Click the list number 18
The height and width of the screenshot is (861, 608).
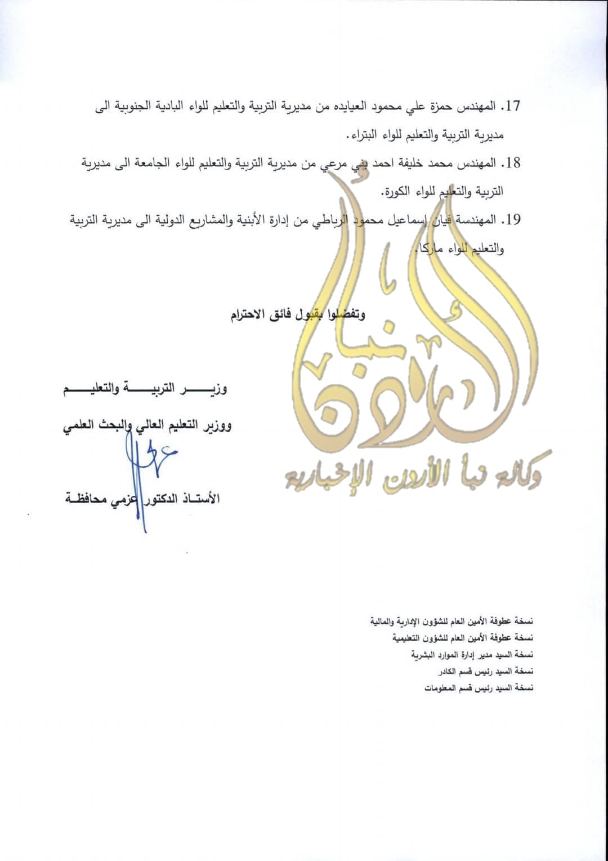(x=512, y=163)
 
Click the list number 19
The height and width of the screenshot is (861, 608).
(x=512, y=220)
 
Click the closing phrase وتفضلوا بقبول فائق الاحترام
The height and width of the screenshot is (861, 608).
(x=298, y=314)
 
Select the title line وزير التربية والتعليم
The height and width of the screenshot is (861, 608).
(x=145, y=389)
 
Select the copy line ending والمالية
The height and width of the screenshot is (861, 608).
(x=451, y=621)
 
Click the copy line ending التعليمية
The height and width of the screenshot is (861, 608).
(x=462, y=638)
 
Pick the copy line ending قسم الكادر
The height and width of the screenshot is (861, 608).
(x=485, y=671)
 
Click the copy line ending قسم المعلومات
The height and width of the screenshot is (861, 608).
(x=479, y=688)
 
